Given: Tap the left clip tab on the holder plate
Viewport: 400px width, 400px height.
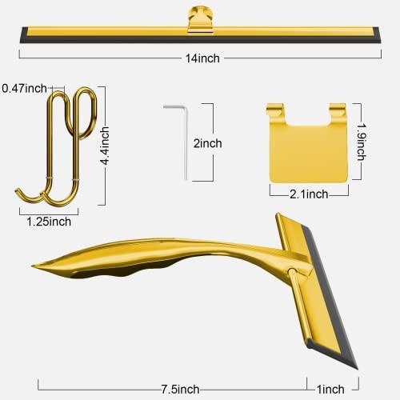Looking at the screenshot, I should click(x=273, y=114).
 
